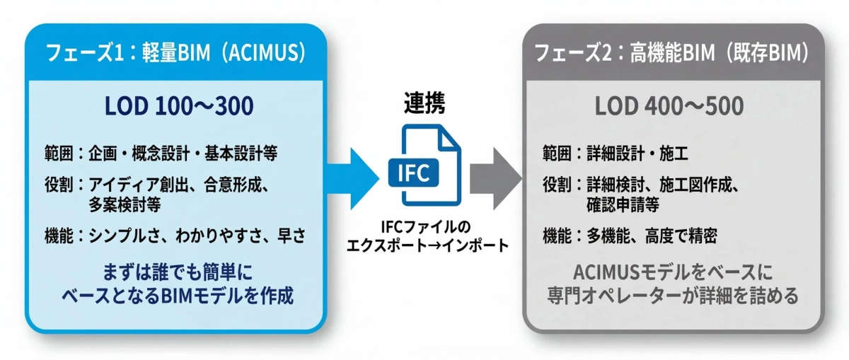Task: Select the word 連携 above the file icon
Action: point(422,103)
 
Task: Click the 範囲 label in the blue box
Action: point(59,153)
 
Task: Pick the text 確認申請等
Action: point(623,205)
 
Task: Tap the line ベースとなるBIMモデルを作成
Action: point(178,295)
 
